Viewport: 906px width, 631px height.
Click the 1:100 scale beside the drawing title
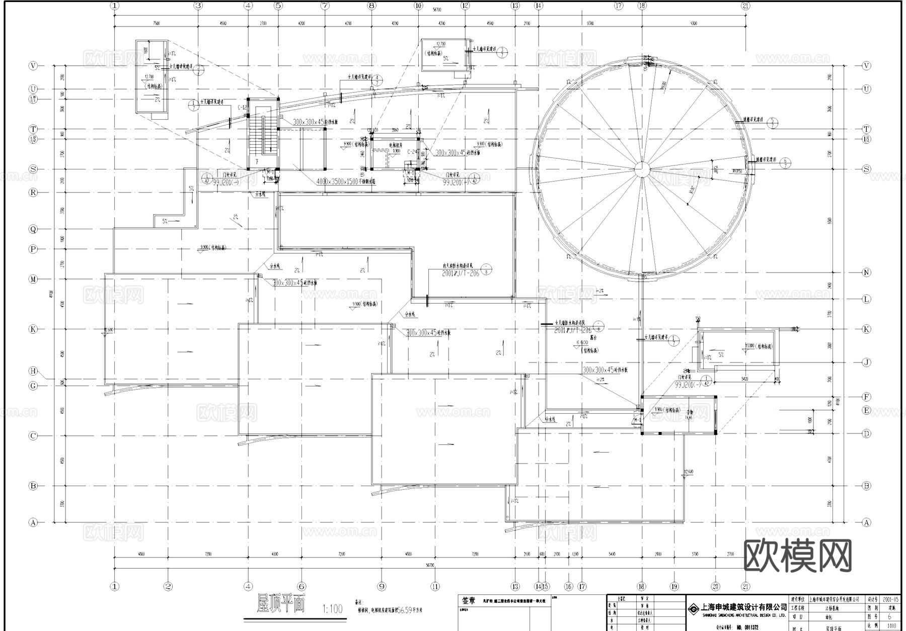coord(332,609)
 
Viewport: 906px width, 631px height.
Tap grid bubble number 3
coord(198,6)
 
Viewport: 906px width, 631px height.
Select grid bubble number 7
coord(325,6)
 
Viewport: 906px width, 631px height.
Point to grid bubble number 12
coord(465,6)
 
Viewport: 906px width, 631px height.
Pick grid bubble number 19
coord(674,586)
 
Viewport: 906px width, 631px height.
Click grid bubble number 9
coord(381,586)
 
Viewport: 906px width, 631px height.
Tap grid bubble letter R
coord(33,192)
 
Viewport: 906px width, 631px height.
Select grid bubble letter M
coord(33,279)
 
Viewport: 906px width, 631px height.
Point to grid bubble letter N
coord(866,273)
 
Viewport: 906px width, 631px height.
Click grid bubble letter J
coord(866,362)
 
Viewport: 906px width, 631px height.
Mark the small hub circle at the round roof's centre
coord(641,169)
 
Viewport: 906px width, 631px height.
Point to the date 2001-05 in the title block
coord(890,600)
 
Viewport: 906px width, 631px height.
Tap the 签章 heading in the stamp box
coord(468,600)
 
